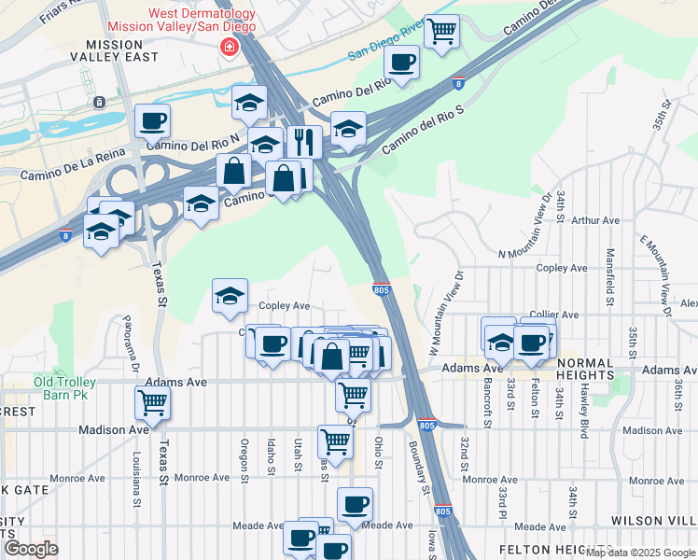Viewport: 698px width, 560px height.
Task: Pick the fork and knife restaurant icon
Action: tap(304, 142)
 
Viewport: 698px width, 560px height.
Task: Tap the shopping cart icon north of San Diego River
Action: tap(441, 31)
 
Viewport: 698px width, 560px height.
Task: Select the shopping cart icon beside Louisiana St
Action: tap(152, 404)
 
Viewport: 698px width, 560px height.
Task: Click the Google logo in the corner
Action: tap(30, 549)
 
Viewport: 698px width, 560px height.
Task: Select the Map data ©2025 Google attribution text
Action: tap(640, 553)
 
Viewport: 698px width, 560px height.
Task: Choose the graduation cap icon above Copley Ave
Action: tap(230, 296)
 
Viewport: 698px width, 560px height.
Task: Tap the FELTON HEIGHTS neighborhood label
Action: tap(555, 550)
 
